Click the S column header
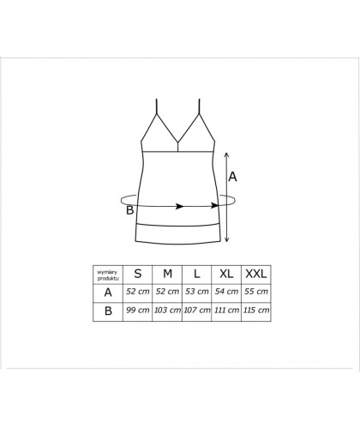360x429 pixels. [138, 274]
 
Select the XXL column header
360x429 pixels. [256, 274]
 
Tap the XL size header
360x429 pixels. [226, 274]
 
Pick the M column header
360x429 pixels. [167, 274]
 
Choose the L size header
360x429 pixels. [196, 274]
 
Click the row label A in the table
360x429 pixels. [108, 293]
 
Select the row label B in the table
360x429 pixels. [108, 311]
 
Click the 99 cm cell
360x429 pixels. [138, 310]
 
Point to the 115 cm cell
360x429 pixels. [256, 310]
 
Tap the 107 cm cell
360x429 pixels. [197, 310]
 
